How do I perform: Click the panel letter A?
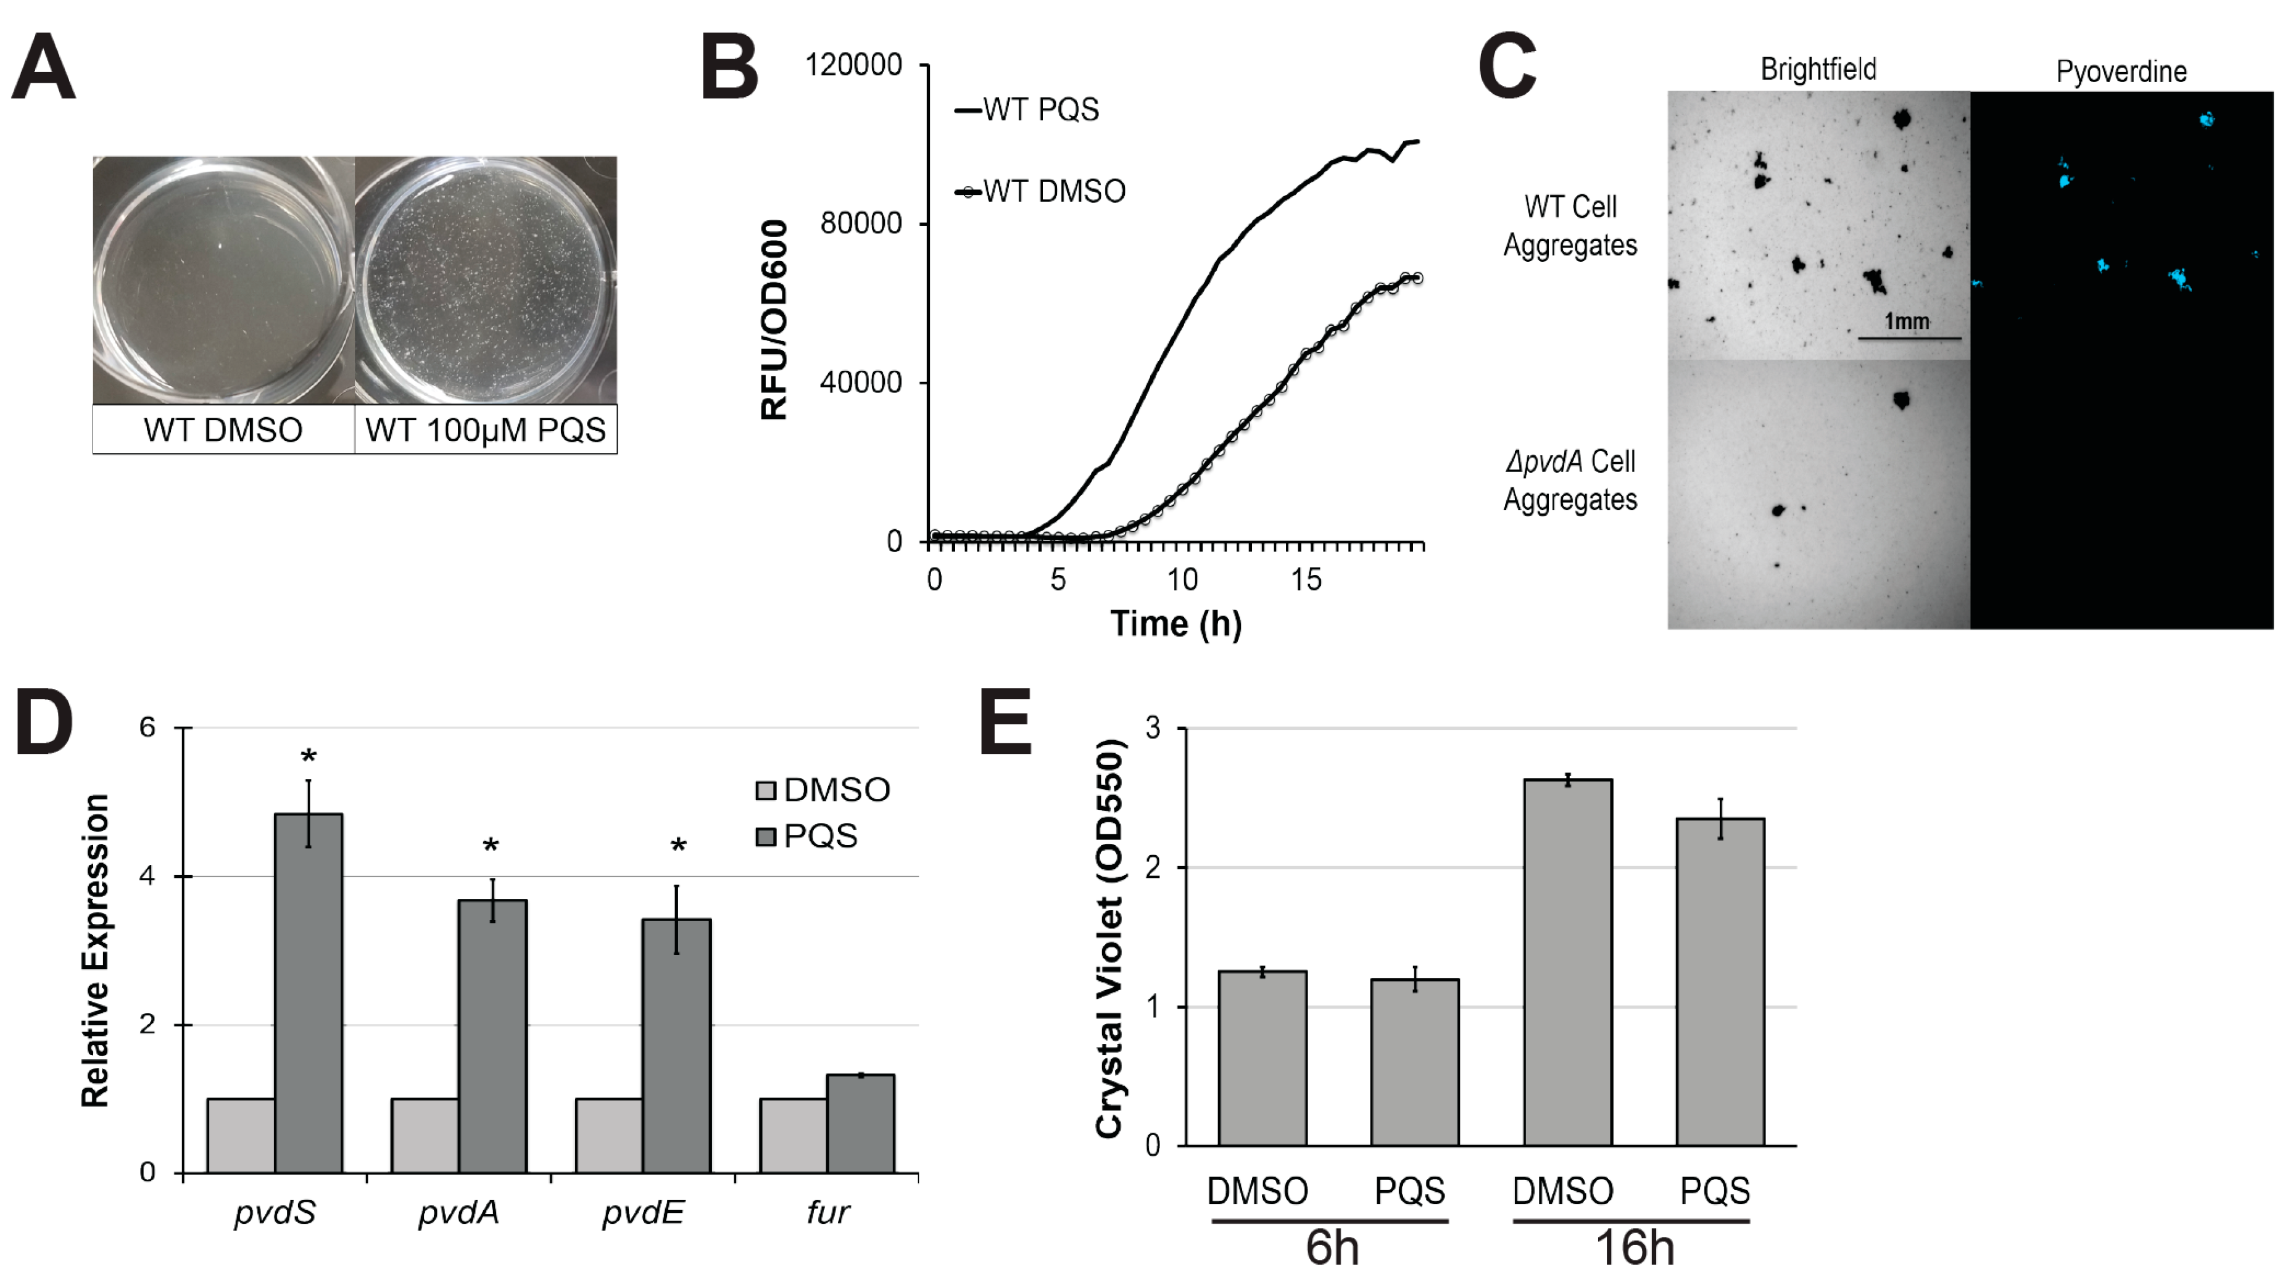click(43, 68)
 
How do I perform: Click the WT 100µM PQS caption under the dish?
click(485, 430)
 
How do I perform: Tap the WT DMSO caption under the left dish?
click(223, 430)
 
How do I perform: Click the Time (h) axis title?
click(1175, 624)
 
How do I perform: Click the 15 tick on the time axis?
click(1306, 581)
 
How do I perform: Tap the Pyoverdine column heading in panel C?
click(2121, 72)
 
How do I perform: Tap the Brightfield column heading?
click(1818, 69)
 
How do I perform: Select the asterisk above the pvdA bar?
click(491, 846)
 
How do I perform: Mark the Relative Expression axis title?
click(96, 951)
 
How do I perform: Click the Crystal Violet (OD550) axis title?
click(1110, 938)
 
